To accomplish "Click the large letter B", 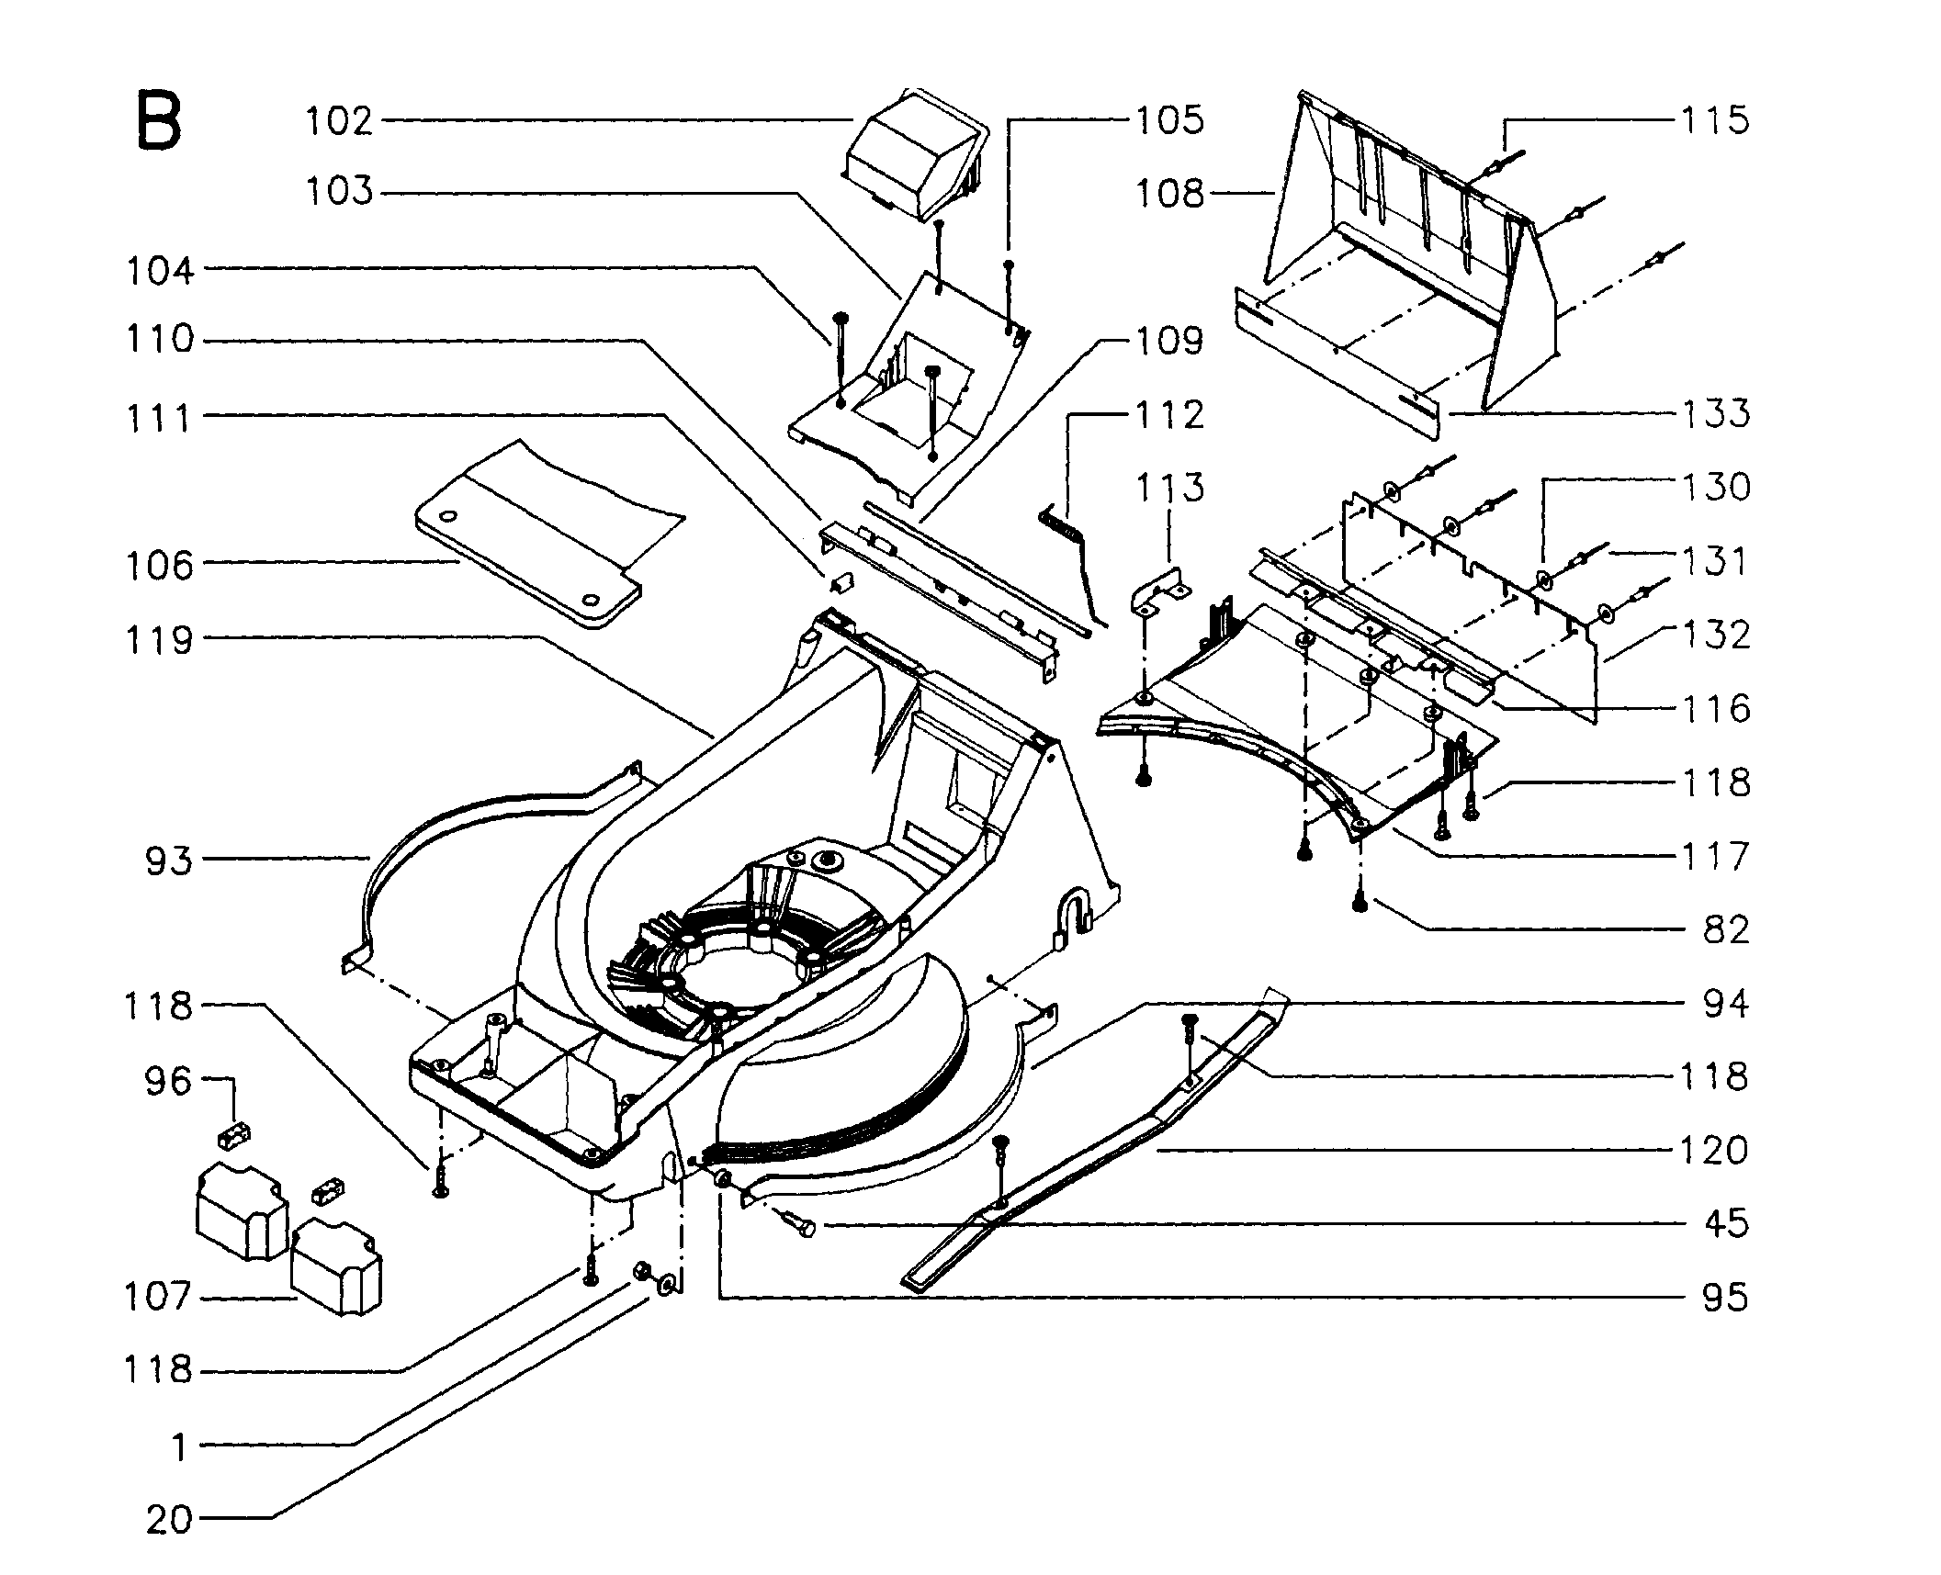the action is (x=158, y=120).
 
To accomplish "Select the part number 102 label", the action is (x=340, y=120).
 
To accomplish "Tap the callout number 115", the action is (x=1715, y=120).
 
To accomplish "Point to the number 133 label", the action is (x=1715, y=413).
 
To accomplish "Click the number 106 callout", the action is (x=160, y=565).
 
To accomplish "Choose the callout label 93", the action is (x=169, y=861).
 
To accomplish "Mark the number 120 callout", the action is (x=1714, y=1150).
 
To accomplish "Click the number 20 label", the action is (x=169, y=1519).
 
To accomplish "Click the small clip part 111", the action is (x=842, y=584).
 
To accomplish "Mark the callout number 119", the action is (x=158, y=640).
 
